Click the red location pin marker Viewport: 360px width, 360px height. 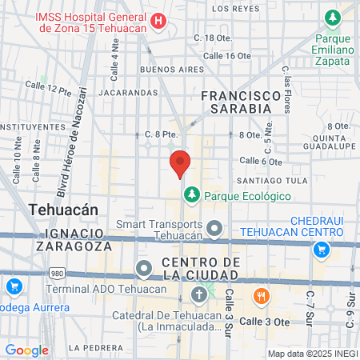(180, 163)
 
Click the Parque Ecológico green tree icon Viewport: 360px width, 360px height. (191, 194)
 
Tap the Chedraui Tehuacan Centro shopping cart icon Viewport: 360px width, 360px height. (321, 249)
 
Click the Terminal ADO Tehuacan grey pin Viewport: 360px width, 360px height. (143, 268)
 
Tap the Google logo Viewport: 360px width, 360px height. (26, 350)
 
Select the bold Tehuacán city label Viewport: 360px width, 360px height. (63, 209)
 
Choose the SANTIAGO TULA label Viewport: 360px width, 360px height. (277, 180)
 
